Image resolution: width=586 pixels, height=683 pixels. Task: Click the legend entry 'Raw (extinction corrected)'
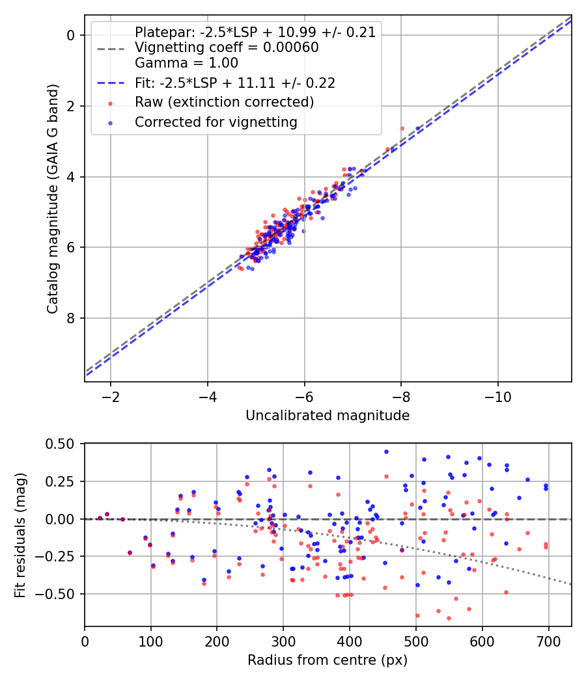tap(225, 103)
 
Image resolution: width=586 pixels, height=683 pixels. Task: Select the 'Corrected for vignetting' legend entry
tap(216, 122)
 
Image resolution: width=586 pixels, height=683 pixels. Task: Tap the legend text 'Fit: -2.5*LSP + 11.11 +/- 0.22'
tap(235, 83)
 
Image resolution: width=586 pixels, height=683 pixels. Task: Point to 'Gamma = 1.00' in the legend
tap(187, 63)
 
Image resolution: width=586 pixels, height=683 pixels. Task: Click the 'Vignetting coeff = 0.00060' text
tap(227, 47)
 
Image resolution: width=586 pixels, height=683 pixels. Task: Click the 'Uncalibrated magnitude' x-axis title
tap(328, 416)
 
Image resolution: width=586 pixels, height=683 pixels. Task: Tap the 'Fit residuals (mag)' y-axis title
tap(20, 535)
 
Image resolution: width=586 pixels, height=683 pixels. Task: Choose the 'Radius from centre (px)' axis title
tap(328, 660)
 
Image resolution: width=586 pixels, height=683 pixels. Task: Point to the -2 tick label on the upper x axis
tap(111, 396)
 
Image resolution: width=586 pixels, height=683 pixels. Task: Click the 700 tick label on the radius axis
tap(548, 641)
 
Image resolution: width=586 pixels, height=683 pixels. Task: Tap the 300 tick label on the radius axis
tap(283, 641)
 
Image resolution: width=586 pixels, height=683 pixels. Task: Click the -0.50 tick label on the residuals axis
tap(61, 594)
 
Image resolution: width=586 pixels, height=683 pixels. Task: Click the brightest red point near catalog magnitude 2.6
tap(402, 128)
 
